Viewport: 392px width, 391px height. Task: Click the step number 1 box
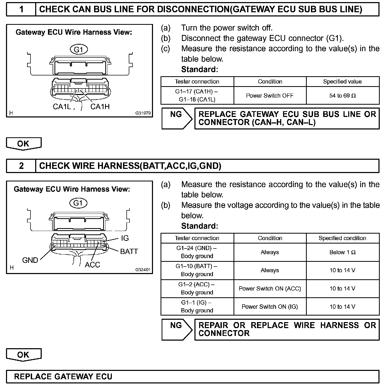pyautogui.click(x=21, y=9)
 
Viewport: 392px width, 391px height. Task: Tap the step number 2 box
pyautogui.click(x=21, y=166)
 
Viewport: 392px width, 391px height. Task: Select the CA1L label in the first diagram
pyautogui.click(x=62, y=107)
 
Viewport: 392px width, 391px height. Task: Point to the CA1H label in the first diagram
pyautogui.click(x=100, y=107)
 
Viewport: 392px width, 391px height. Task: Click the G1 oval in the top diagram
pyautogui.click(x=79, y=49)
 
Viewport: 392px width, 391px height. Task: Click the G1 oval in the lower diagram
pyautogui.click(x=78, y=203)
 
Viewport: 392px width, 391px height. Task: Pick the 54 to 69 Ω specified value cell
pyautogui.click(x=342, y=96)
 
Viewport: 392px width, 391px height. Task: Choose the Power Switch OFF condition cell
pyautogui.click(x=270, y=96)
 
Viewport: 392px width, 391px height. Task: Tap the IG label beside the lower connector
pyautogui.click(x=125, y=238)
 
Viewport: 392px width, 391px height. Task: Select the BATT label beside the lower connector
pyautogui.click(x=129, y=252)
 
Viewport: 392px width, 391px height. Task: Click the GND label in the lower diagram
pyautogui.click(x=30, y=260)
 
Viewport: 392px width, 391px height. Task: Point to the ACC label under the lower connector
pyautogui.click(x=93, y=265)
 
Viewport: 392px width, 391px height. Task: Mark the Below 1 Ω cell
pyautogui.click(x=342, y=252)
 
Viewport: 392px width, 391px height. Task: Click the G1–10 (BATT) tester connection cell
pyautogui.click(x=197, y=270)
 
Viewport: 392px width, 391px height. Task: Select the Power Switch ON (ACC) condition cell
pyautogui.click(x=270, y=289)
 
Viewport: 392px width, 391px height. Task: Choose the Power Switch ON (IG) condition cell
pyautogui.click(x=270, y=307)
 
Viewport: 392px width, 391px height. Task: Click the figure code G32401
pyautogui.click(x=143, y=270)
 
